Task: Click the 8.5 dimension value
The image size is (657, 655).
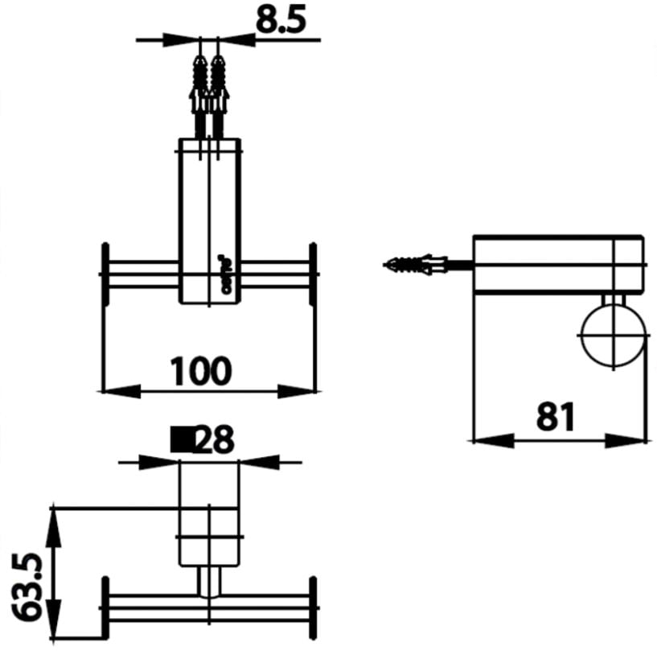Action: point(281,20)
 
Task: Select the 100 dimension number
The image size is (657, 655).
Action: point(201,371)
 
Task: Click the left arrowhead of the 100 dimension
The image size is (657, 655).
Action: point(121,391)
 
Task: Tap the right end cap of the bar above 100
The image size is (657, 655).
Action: point(311,274)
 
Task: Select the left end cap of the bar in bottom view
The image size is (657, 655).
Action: point(105,608)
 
